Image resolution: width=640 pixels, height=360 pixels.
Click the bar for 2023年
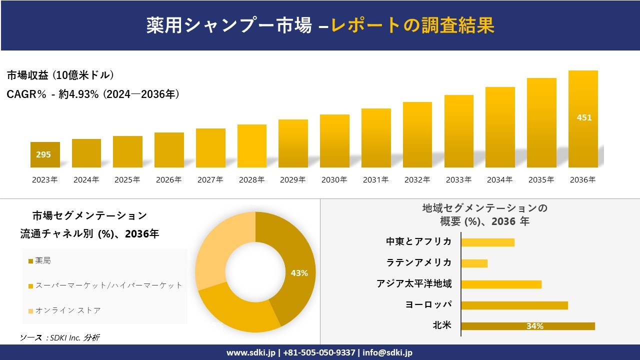pos(45,154)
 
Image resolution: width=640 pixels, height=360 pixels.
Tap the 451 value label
pos(584,117)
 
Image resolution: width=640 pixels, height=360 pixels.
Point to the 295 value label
pos(43,154)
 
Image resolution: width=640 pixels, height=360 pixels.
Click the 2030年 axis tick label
pos(334,180)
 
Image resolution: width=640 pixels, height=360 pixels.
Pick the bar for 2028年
pos(252,146)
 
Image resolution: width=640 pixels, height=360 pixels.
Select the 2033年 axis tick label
pos(458,180)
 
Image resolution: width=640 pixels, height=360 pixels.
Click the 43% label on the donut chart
pos(299,273)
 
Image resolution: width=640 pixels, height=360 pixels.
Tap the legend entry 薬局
pos(43,260)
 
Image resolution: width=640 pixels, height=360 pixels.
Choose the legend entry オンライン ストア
pos(67,310)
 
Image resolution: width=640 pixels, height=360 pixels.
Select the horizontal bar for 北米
pos(528,326)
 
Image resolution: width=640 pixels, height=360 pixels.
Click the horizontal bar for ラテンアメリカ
pos(474,263)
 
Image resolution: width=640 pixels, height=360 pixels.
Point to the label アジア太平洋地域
pos(414,284)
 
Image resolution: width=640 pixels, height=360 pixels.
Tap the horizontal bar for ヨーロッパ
pos(514,305)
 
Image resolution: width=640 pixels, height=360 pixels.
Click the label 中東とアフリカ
pos(419,241)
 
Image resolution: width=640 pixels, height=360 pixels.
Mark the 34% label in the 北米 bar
pos(534,326)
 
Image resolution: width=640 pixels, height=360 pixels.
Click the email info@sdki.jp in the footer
pos(388,352)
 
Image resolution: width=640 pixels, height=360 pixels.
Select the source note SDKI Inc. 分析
pos(59,337)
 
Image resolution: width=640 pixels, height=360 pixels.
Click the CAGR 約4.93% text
pos(93,94)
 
